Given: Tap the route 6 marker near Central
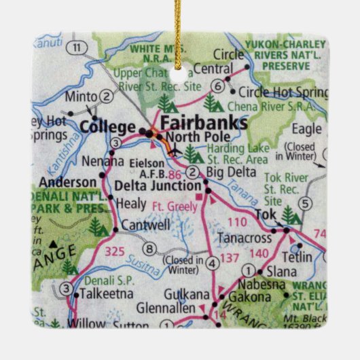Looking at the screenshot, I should point(217,86).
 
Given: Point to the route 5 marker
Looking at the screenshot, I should point(307,202).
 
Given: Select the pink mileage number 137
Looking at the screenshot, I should point(232,259).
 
